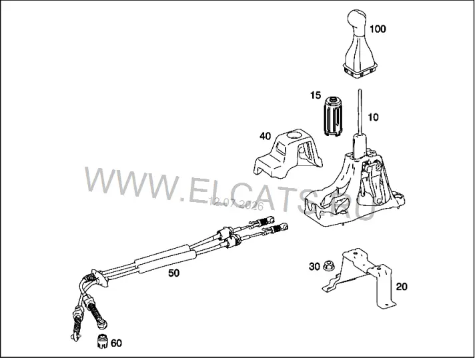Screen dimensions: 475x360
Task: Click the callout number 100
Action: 378,29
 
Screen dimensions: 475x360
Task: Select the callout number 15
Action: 316,95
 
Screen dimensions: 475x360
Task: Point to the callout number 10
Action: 373,117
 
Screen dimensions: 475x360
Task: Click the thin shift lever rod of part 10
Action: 360,111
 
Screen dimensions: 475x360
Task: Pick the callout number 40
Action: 265,136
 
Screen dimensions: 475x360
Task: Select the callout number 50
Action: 173,273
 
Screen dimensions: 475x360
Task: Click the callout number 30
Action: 314,267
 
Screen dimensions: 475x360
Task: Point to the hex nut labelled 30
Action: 327,265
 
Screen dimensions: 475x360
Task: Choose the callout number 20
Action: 402,287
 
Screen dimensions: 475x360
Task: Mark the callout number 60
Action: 116,343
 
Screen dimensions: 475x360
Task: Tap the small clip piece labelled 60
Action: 103,341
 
